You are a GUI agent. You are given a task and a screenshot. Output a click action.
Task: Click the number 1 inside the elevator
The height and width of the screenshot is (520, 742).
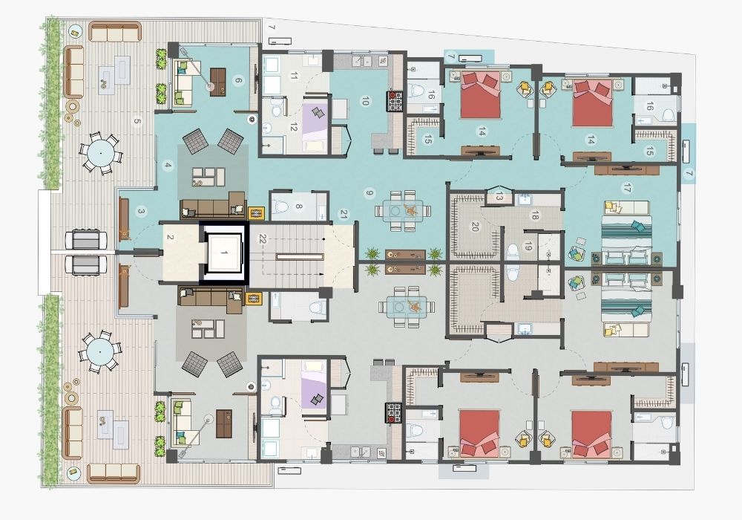tap(224, 253)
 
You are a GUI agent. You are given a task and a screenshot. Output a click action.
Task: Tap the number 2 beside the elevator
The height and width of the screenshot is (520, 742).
tap(171, 237)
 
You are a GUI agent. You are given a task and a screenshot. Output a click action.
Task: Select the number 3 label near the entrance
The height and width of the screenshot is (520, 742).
tap(141, 212)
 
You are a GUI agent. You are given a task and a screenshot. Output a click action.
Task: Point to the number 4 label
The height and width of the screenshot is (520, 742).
tap(167, 165)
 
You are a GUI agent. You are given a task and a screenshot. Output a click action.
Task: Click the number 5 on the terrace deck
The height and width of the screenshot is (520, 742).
tap(137, 121)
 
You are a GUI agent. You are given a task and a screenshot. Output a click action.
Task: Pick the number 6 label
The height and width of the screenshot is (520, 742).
tap(238, 80)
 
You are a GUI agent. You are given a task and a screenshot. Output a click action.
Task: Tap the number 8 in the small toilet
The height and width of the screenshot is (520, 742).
tap(298, 206)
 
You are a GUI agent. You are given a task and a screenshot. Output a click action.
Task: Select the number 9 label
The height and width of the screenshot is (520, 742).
tap(370, 192)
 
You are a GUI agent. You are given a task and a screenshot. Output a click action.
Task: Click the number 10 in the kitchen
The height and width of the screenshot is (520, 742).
tap(364, 101)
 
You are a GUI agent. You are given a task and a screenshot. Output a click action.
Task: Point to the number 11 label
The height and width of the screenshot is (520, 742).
tap(294, 76)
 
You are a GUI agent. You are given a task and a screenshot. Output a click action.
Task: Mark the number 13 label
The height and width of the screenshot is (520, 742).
tap(499, 197)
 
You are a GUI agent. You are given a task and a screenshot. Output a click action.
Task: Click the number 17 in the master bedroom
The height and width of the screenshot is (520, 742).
tap(628, 188)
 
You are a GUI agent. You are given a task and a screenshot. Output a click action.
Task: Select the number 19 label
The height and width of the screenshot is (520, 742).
tap(528, 247)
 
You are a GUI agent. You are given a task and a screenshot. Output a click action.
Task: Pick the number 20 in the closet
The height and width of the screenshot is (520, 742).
tap(475, 227)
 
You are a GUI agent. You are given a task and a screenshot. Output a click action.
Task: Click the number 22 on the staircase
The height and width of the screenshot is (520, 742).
tap(262, 238)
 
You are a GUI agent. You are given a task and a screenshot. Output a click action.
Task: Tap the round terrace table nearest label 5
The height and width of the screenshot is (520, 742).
tap(101, 154)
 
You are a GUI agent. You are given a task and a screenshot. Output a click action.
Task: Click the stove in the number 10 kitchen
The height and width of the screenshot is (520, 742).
tap(395, 101)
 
